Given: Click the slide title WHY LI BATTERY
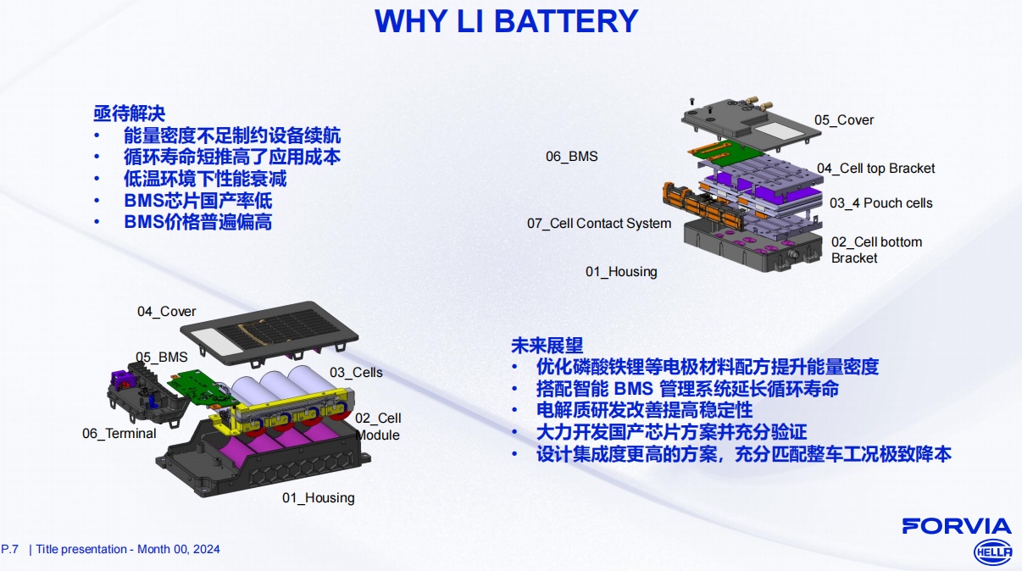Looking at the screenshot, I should coord(506,21).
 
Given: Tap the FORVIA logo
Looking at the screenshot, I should coord(956,526).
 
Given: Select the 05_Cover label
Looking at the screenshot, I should coord(843,120).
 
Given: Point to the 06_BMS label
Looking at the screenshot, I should coord(571,157).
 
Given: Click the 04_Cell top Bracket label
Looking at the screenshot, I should coord(875,169).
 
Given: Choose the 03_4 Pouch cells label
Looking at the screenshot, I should coord(880,203).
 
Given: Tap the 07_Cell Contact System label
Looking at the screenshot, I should coord(598,224).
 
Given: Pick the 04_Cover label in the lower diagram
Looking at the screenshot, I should coord(166,312).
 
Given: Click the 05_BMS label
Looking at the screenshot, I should coord(161,358).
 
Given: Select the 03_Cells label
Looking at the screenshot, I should coord(356,373).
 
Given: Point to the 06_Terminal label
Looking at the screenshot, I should coord(119,434).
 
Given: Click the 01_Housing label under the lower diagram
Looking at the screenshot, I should coord(318,498).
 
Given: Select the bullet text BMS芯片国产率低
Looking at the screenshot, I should coord(197,202).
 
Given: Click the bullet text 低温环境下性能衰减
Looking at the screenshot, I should coord(204,180).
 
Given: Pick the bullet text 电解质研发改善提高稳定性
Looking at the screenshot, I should coord(644,411).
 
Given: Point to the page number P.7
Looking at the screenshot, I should coord(10,549).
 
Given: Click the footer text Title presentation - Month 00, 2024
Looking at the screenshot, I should coord(128,549).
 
